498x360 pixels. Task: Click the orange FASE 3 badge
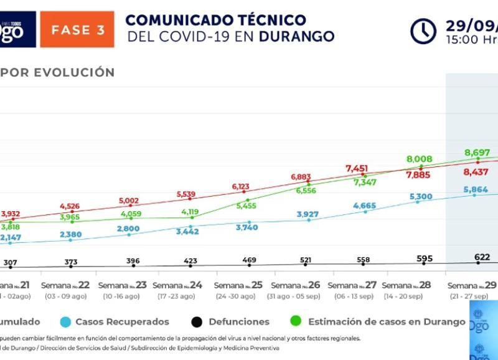tap(77, 29)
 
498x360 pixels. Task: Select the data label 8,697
tap(477, 153)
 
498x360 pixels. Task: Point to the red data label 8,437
tap(476, 172)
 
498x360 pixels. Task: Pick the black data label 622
tap(477, 257)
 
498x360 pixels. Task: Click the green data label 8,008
tap(419, 159)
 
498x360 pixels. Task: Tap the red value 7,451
tap(361, 169)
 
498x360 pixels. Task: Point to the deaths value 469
tap(248, 260)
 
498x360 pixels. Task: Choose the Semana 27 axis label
tap(352, 285)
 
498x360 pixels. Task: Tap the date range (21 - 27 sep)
tap(471, 296)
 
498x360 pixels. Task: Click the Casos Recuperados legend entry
tap(122, 322)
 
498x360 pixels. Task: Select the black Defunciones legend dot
tap(197, 322)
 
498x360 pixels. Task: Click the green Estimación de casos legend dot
tap(296, 322)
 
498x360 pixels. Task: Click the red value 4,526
tap(70, 206)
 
